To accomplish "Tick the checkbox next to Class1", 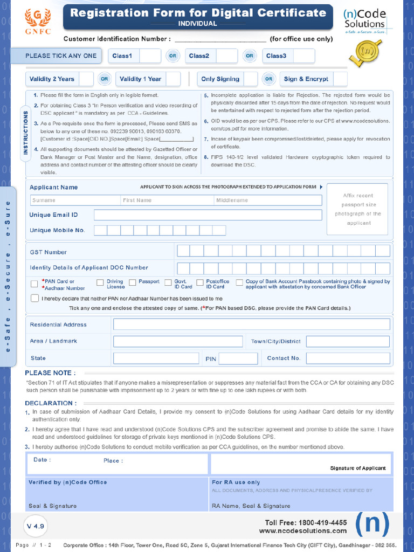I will (x=150, y=56).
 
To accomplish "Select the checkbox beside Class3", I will (x=304, y=56).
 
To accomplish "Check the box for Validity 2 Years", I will (x=85, y=79).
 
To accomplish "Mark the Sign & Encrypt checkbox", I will (x=340, y=79).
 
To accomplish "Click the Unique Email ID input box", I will (x=208, y=215).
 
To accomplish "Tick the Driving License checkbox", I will (x=100, y=282).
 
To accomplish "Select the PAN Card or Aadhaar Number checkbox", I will (x=34, y=284).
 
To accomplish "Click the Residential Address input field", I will (x=251, y=325).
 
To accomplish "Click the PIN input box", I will (x=238, y=358).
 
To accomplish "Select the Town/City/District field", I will (x=348, y=341).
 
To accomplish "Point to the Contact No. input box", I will (x=348, y=358).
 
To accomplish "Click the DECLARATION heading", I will (x=51, y=403).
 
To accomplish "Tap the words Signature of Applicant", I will (x=358, y=468).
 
